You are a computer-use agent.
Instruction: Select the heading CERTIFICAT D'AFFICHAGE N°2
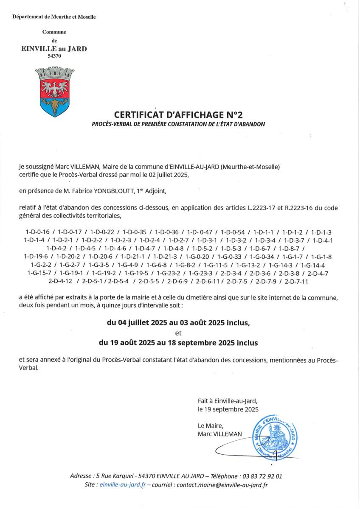tap(178, 115)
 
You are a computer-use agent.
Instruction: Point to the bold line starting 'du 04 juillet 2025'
tap(178, 323)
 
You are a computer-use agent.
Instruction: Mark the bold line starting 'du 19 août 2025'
tap(178, 342)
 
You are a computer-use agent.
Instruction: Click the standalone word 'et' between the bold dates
tap(178, 333)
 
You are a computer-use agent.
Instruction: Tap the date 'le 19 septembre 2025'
tap(228, 409)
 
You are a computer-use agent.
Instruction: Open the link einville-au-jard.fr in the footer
tap(121, 484)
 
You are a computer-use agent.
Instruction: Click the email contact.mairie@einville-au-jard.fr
tap(222, 484)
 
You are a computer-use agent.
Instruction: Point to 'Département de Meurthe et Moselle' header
tap(54, 17)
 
